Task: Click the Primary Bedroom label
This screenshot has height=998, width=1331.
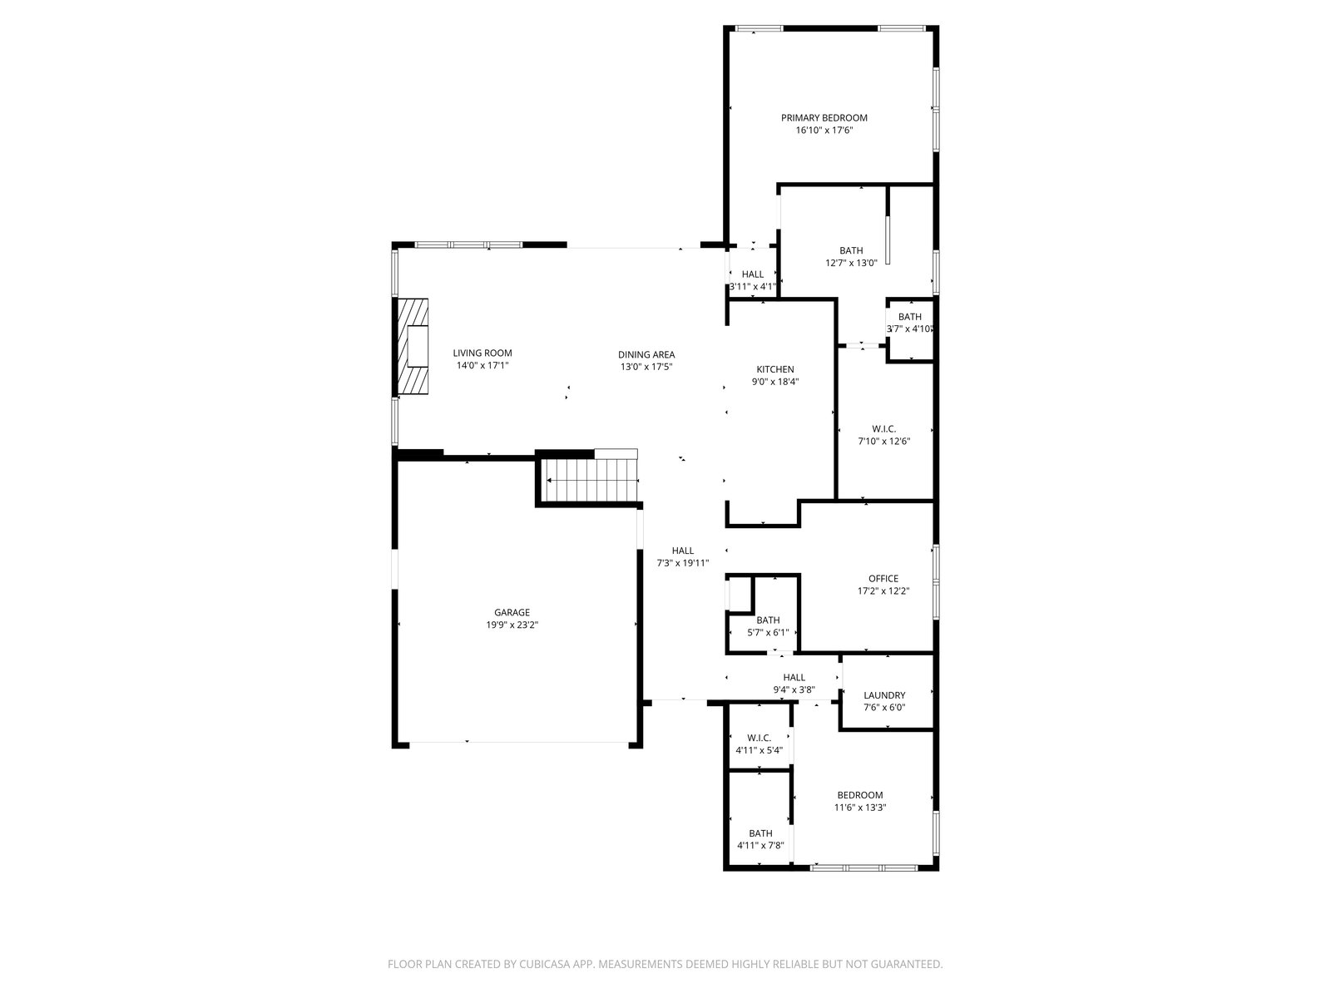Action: pyautogui.click(x=824, y=117)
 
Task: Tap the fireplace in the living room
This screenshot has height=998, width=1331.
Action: pyautogui.click(x=413, y=346)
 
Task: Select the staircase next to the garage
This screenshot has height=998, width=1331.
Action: pyautogui.click(x=589, y=480)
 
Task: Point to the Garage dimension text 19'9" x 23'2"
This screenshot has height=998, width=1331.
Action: pyautogui.click(x=512, y=625)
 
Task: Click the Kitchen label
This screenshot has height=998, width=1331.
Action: pyautogui.click(x=775, y=369)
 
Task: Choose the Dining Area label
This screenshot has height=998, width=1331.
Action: pyautogui.click(x=646, y=354)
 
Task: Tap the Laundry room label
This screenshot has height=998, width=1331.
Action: pyautogui.click(x=884, y=695)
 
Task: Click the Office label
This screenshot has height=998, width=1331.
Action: pyautogui.click(x=883, y=579)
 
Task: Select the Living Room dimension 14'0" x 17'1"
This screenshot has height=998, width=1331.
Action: pyautogui.click(x=482, y=365)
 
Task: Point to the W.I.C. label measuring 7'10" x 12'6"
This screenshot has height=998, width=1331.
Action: pyautogui.click(x=883, y=429)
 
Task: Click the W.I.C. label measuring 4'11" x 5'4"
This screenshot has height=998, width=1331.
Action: pyautogui.click(x=760, y=738)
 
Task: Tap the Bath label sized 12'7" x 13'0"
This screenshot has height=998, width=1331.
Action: pyautogui.click(x=851, y=250)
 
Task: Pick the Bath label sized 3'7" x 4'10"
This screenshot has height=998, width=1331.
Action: pyautogui.click(x=909, y=317)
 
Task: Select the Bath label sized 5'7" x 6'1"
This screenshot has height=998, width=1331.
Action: pyautogui.click(x=768, y=620)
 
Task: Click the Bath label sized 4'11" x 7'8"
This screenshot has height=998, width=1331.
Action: pyautogui.click(x=760, y=833)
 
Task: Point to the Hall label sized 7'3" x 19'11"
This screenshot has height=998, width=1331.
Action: pyautogui.click(x=683, y=551)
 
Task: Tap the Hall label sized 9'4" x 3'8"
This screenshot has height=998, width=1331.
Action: pyautogui.click(x=794, y=678)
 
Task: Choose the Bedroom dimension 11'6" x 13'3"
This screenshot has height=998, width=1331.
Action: pyautogui.click(x=860, y=807)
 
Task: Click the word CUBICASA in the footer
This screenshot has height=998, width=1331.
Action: pyautogui.click(x=545, y=964)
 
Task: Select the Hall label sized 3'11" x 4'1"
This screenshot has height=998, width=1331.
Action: pyautogui.click(x=753, y=274)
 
